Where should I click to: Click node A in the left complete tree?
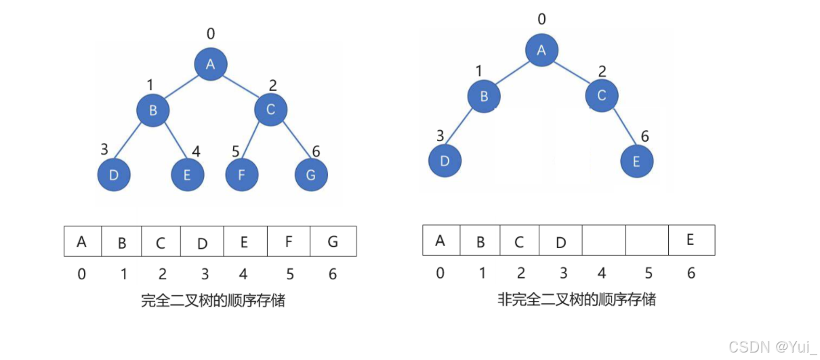coord(210,64)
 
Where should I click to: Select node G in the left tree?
coord(311,175)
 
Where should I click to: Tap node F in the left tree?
coord(242,175)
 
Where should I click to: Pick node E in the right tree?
coord(637,161)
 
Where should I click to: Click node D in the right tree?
coord(445,161)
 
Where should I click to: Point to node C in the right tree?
coord(602,96)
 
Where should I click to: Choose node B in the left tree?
coord(153,111)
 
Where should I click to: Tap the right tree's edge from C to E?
coord(620,129)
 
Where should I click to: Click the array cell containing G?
coord(333,241)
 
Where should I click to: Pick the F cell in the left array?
coord(289,241)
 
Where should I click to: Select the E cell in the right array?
coord(691,240)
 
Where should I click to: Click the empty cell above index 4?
coord(603,240)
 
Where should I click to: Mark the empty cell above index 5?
coord(647,240)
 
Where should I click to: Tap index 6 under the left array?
coord(333,275)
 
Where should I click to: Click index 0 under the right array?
coord(440,273)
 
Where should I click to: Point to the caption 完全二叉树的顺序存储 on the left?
coord(213,301)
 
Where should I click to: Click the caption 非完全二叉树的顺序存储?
coord(576,299)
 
